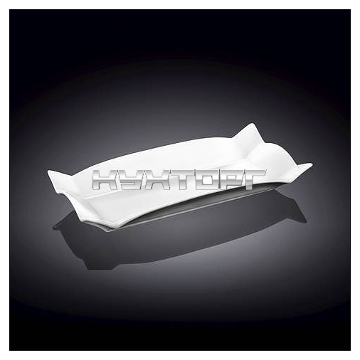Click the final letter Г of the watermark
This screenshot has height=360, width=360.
(253, 180)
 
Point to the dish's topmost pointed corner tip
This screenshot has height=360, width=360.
(252, 123)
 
